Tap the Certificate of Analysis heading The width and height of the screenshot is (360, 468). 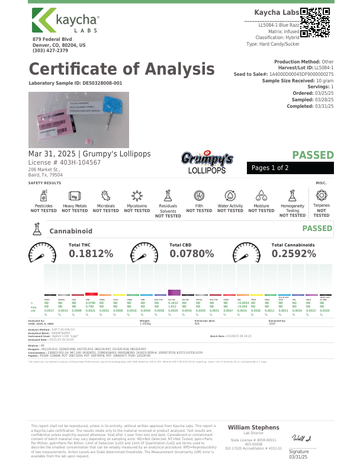coord(121,69)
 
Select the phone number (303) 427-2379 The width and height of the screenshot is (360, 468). coord(50,50)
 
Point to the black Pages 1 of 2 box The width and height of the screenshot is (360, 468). coord(290,168)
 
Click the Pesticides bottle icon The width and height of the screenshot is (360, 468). coord(43,195)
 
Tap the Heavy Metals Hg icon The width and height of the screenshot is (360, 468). coord(75,195)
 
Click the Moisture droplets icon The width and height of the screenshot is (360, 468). coord(261,195)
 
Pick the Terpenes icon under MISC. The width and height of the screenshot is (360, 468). coord(322,195)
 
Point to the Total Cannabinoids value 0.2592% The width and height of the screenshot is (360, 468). coord(294,254)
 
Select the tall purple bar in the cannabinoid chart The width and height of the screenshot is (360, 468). coord(174,293)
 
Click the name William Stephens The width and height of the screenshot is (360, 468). coord(253,427)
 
